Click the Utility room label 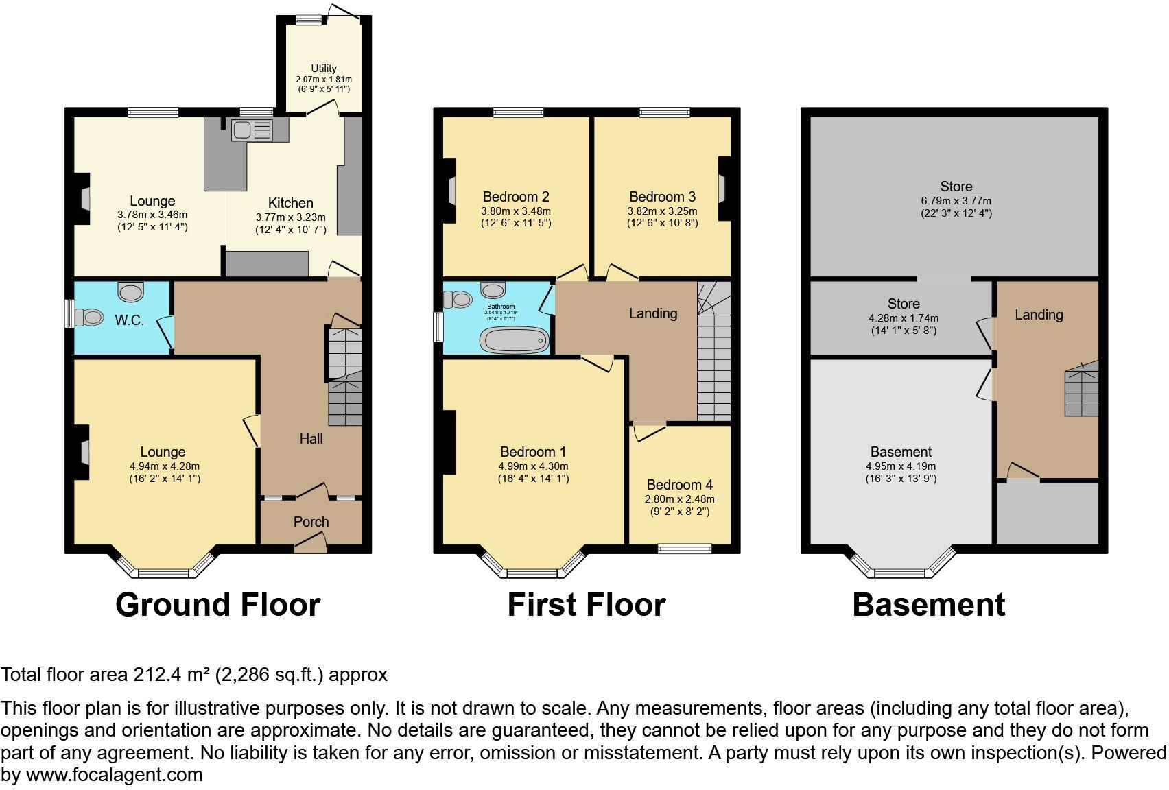[x=324, y=69]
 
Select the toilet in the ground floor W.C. [x=89, y=318]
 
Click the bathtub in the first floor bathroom [x=515, y=339]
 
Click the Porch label [x=311, y=522]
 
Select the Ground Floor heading [x=217, y=605]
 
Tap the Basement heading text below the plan [x=928, y=605]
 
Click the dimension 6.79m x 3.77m [x=956, y=201]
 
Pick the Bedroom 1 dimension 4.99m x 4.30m [x=533, y=466]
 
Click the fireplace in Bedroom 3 [x=723, y=189]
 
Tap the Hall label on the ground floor [x=311, y=439]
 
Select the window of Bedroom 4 [x=684, y=548]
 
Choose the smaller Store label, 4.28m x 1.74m [x=903, y=304]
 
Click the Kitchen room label [x=291, y=203]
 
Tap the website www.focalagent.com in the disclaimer [x=114, y=775]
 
